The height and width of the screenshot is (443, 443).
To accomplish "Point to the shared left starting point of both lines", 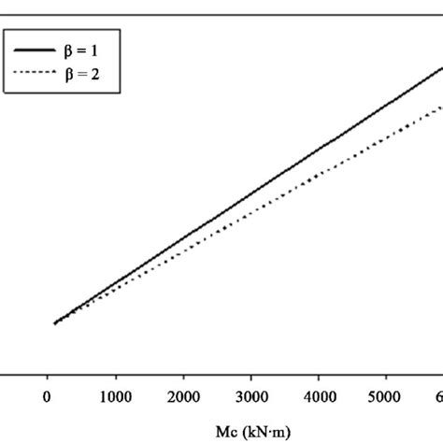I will pos(55,323).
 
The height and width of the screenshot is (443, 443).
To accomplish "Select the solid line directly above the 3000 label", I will pos(251,193).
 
